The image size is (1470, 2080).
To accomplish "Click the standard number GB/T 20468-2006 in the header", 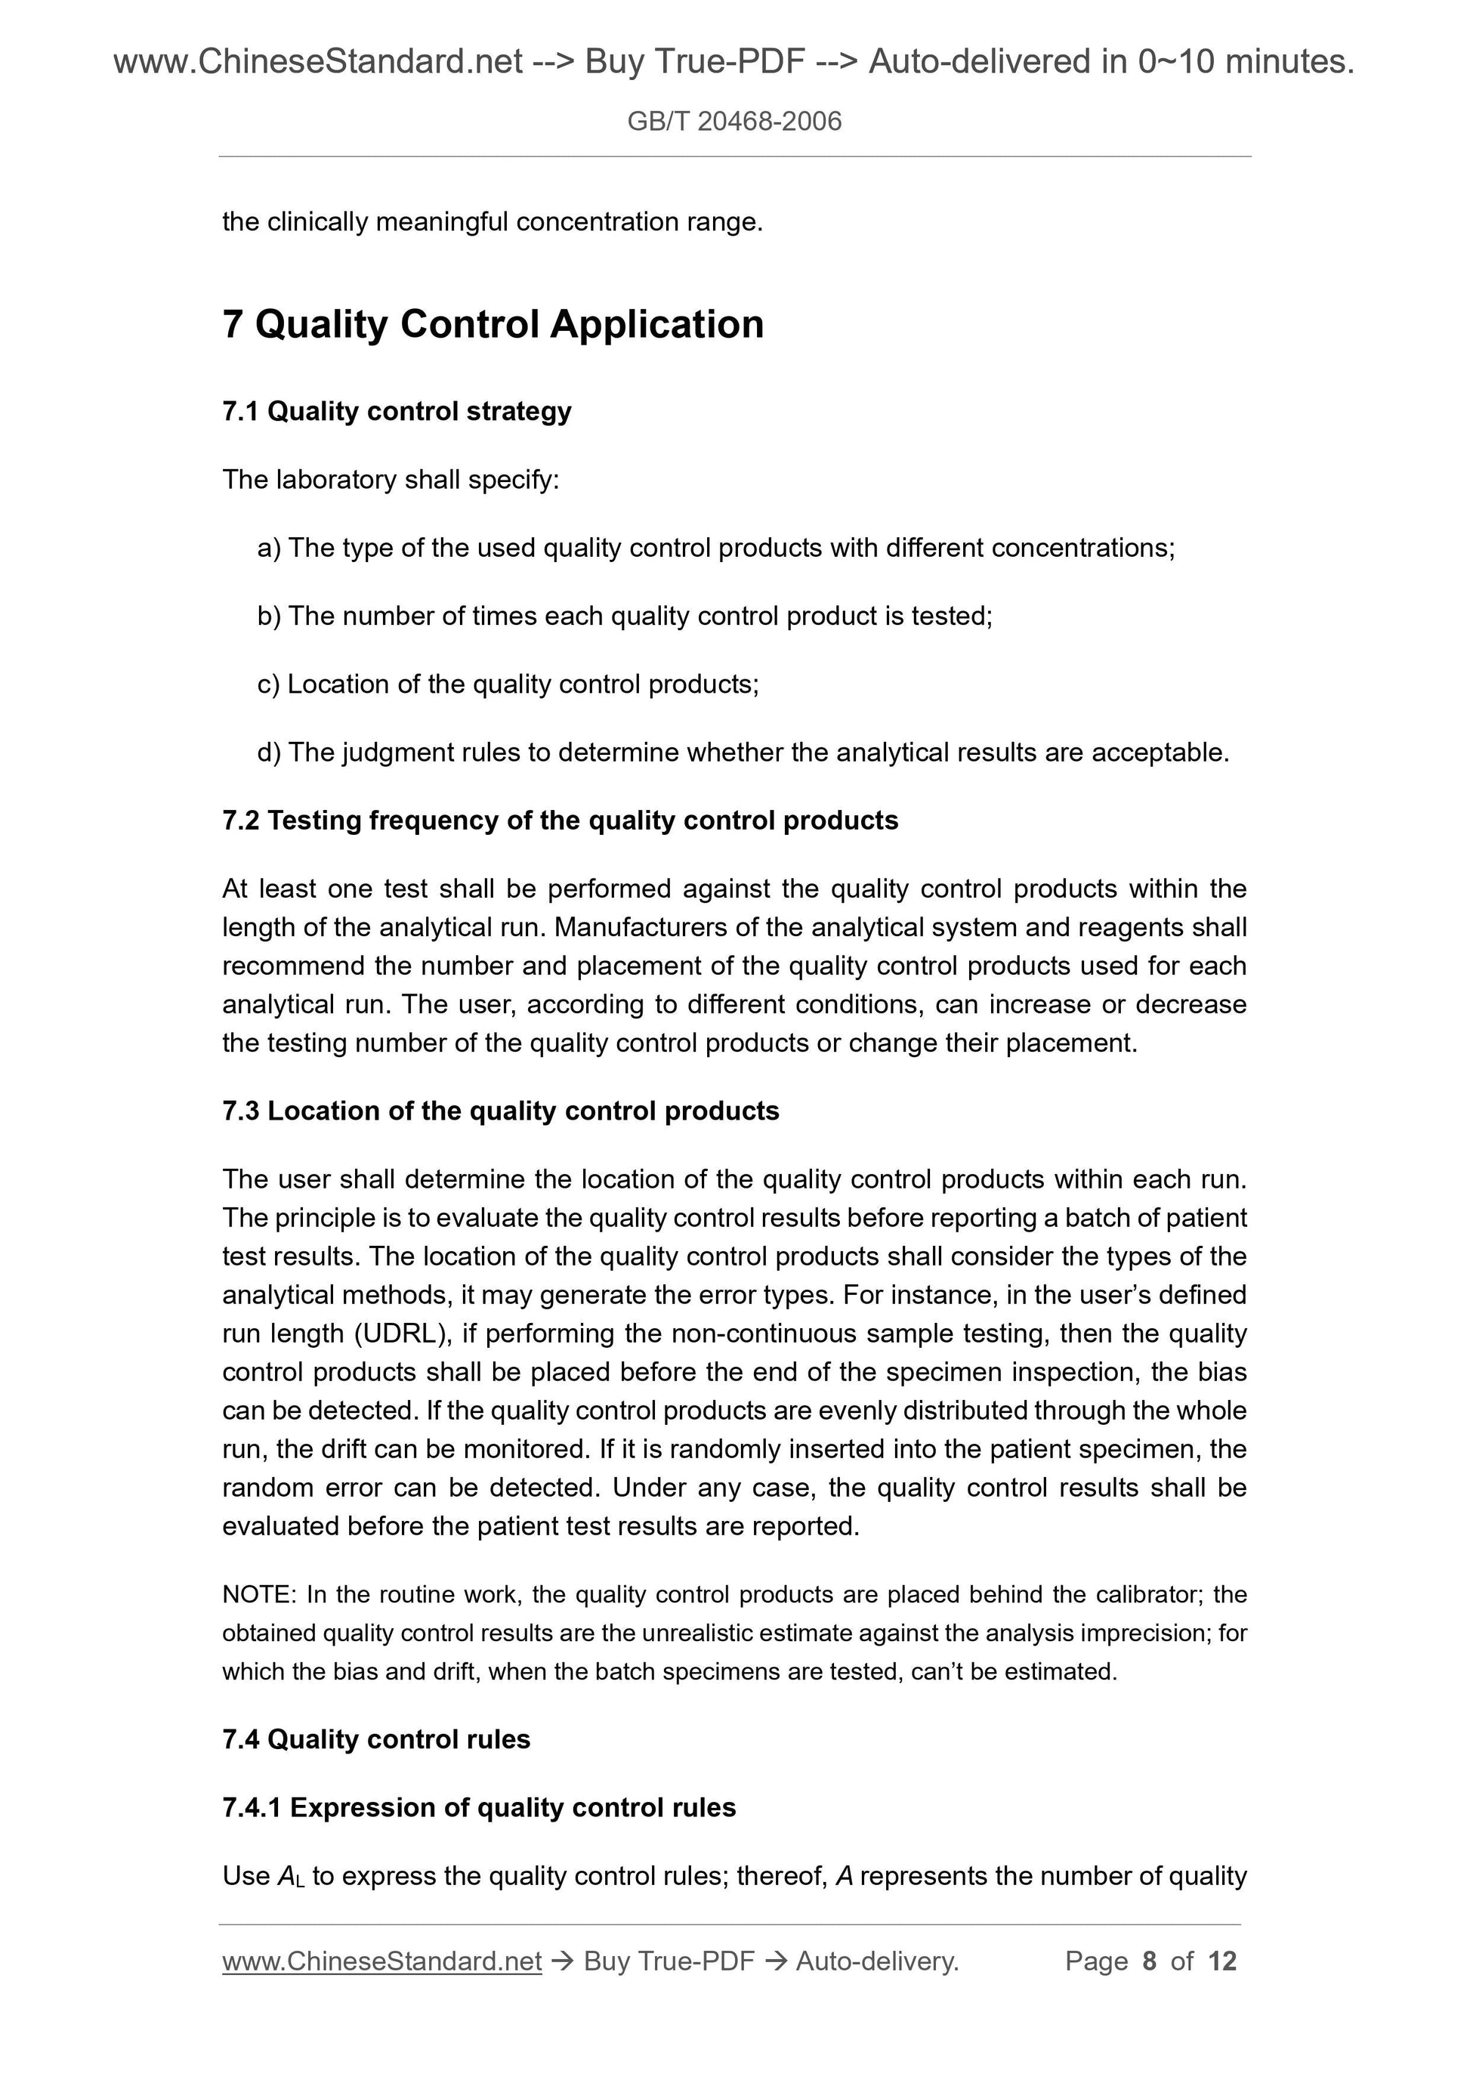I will tap(733, 122).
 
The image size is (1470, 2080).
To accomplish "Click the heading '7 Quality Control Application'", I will tap(493, 324).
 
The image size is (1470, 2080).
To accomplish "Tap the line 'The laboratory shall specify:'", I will tap(391, 479).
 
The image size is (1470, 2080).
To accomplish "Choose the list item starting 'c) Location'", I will tap(507, 684).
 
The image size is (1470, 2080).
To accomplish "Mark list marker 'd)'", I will tap(269, 752).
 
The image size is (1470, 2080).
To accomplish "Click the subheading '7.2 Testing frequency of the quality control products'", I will tap(560, 821).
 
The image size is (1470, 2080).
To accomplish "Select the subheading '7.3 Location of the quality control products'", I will tap(500, 1111).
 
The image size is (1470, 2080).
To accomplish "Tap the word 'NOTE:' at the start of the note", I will tap(258, 1594).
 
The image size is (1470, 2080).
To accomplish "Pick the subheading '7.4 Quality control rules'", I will tap(376, 1739).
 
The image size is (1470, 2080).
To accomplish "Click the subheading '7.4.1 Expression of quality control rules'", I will tap(478, 1807).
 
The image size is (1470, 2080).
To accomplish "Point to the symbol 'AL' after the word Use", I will tap(291, 1876).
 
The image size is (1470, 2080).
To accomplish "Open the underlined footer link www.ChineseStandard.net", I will tap(381, 1961).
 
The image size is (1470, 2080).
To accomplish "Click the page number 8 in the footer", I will tap(1150, 1961).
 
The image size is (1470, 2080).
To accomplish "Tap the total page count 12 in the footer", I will tap(1221, 1961).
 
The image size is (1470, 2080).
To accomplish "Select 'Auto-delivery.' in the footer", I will tap(877, 1961).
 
